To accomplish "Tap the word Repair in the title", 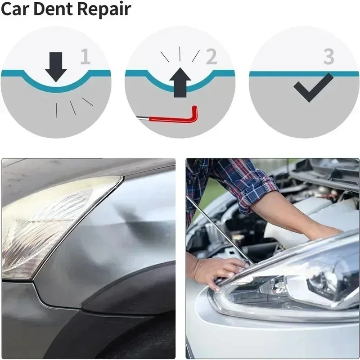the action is [104, 10].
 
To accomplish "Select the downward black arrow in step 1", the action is [56, 67].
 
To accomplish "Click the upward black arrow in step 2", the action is [180, 82].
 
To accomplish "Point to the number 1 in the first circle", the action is [85, 56].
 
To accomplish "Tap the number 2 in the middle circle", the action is [211, 56].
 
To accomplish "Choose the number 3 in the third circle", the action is [329, 57].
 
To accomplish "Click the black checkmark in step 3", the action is [314, 88].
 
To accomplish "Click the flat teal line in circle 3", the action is [304, 74].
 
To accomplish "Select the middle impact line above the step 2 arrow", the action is [180, 54].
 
